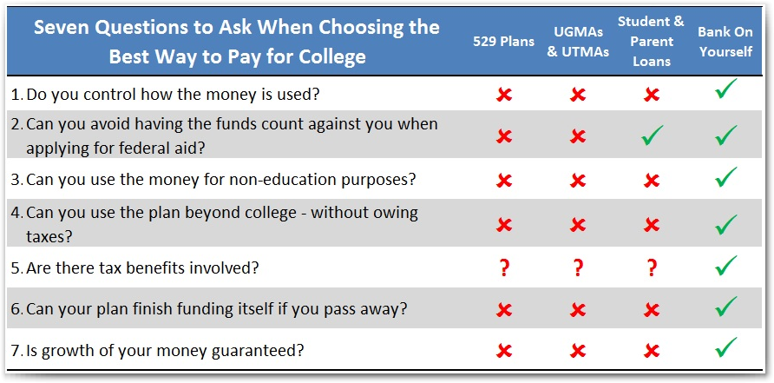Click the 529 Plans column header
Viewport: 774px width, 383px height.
[503, 42]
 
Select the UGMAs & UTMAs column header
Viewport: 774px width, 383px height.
[578, 42]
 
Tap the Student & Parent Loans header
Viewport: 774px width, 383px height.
[652, 42]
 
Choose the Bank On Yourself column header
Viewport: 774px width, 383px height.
[725, 42]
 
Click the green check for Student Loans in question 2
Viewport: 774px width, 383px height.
[652, 135]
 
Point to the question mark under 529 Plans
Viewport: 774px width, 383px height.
[504, 267]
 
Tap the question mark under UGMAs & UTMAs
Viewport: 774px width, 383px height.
[578, 267]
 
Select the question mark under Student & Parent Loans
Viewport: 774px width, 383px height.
[652, 267]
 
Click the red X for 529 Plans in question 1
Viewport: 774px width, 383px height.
[504, 95]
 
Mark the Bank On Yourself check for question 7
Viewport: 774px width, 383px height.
[725, 347]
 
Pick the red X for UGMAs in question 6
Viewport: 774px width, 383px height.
[578, 310]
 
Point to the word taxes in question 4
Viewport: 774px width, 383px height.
[49, 237]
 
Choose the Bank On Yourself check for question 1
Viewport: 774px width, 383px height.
[725, 89]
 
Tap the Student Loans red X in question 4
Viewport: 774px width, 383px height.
[652, 225]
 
